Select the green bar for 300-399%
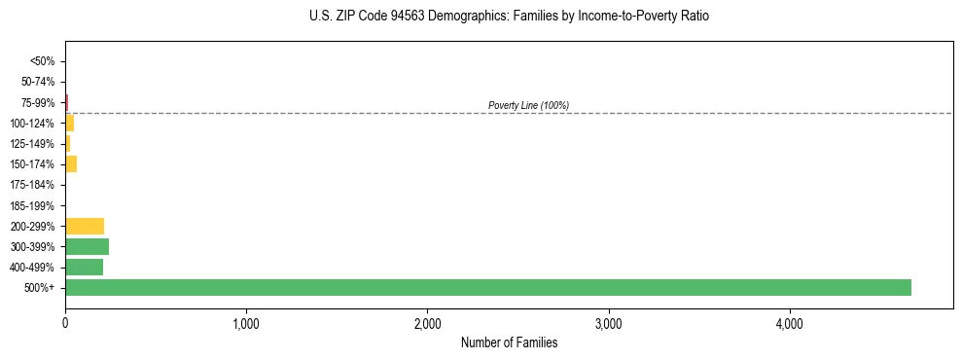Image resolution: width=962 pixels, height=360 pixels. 87,246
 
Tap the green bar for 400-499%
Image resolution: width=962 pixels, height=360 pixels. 84,267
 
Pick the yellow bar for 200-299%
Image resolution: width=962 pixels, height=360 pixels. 85,226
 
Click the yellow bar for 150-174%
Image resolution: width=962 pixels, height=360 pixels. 71,163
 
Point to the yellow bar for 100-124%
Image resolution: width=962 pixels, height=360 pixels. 69,123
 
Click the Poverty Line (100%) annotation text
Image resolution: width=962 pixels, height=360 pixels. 528,105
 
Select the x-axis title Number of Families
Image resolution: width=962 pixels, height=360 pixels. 509,342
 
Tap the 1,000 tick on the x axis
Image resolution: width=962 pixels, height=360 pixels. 246,322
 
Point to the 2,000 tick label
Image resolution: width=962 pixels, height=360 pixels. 427,322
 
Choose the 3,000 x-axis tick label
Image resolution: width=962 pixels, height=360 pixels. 608,322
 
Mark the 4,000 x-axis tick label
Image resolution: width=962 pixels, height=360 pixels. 789,322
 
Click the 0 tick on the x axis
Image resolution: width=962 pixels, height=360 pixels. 65,322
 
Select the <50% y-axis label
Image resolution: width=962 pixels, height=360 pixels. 42,61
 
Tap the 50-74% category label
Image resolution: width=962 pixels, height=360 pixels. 38,82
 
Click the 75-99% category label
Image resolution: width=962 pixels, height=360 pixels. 38,102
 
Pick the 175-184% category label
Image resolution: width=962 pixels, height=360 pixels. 33,185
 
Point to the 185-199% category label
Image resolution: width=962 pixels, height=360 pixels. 33,205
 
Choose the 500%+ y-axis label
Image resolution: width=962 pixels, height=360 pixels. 40,288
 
